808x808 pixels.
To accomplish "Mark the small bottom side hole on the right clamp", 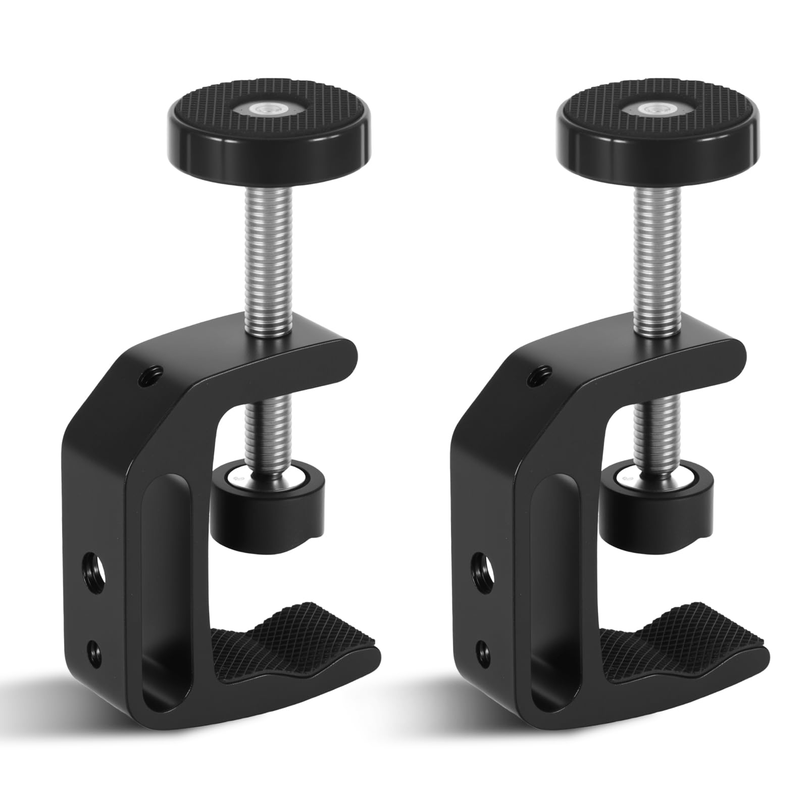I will tap(483, 647).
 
